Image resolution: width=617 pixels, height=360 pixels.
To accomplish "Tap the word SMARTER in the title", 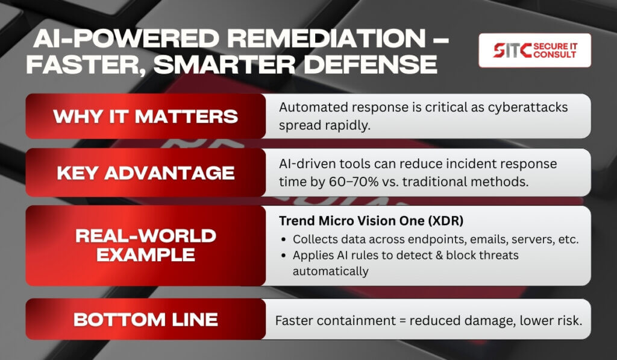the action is pyautogui.click(x=224, y=64).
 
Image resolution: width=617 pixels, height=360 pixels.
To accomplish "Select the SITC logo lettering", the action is pyautogui.click(x=512, y=51).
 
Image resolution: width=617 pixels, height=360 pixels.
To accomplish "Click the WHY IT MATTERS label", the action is pyautogui.click(x=146, y=116).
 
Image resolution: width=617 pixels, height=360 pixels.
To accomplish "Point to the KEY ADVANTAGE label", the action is pyautogui.click(x=146, y=173).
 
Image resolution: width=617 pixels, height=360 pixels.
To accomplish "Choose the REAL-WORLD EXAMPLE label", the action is pyautogui.click(x=146, y=245).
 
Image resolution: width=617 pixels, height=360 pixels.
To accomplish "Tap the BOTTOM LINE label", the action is pyautogui.click(x=146, y=320).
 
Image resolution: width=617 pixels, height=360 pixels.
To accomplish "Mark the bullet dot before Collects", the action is pyautogui.click(x=284, y=240).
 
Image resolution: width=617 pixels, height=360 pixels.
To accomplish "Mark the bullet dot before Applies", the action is pyautogui.click(x=284, y=256).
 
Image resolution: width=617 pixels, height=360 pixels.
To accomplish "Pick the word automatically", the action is pyautogui.click(x=331, y=272).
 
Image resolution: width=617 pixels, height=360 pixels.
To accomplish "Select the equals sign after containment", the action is pyautogui.click(x=402, y=321).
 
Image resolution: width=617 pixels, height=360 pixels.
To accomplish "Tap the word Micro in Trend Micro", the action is pyautogui.click(x=334, y=221).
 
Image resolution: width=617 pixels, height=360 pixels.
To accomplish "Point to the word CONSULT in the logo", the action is pyautogui.click(x=555, y=55).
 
